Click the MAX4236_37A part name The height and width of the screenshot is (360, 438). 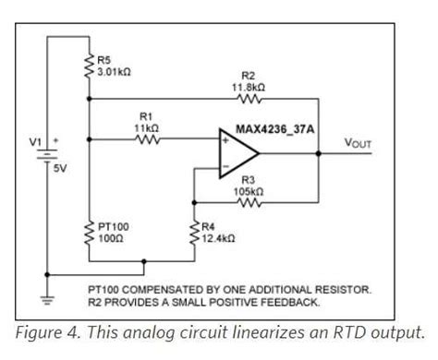(274, 126)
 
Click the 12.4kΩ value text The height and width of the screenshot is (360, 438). (216, 238)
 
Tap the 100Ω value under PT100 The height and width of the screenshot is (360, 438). (109, 238)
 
